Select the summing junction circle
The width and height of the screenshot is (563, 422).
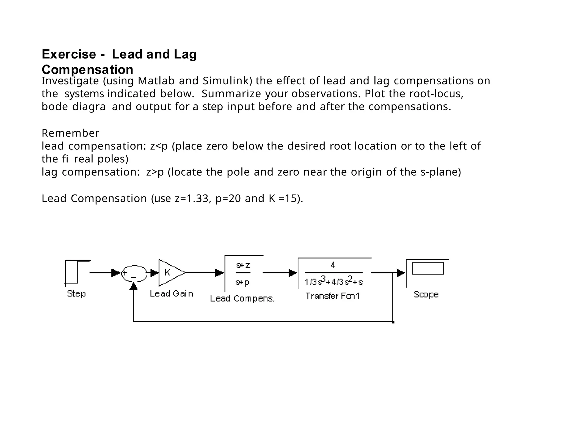coord(134,273)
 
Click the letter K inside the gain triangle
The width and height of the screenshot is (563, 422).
coord(167,272)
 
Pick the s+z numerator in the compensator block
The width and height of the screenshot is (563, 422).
coord(243,265)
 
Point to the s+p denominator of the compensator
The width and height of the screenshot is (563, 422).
coord(242,282)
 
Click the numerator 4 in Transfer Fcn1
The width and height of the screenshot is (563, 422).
coord(333,265)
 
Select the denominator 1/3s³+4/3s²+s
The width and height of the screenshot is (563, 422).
coord(333,281)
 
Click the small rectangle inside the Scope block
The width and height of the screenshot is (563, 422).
coord(428,268)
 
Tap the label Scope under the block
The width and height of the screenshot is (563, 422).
coord(426,294)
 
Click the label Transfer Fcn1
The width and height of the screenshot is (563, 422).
coord(332,296)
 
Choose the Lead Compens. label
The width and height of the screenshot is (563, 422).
coord(242,298)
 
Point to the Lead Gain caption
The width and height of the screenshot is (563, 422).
coord(171,294)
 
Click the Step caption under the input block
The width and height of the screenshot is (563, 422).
coord(76,293)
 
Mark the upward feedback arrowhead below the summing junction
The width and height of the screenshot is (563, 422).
coord(134,286)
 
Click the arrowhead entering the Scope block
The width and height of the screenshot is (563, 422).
coord(401,273)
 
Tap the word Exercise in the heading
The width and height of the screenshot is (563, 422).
coord(69,54)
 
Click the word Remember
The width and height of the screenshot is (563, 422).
coord(70,133)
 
